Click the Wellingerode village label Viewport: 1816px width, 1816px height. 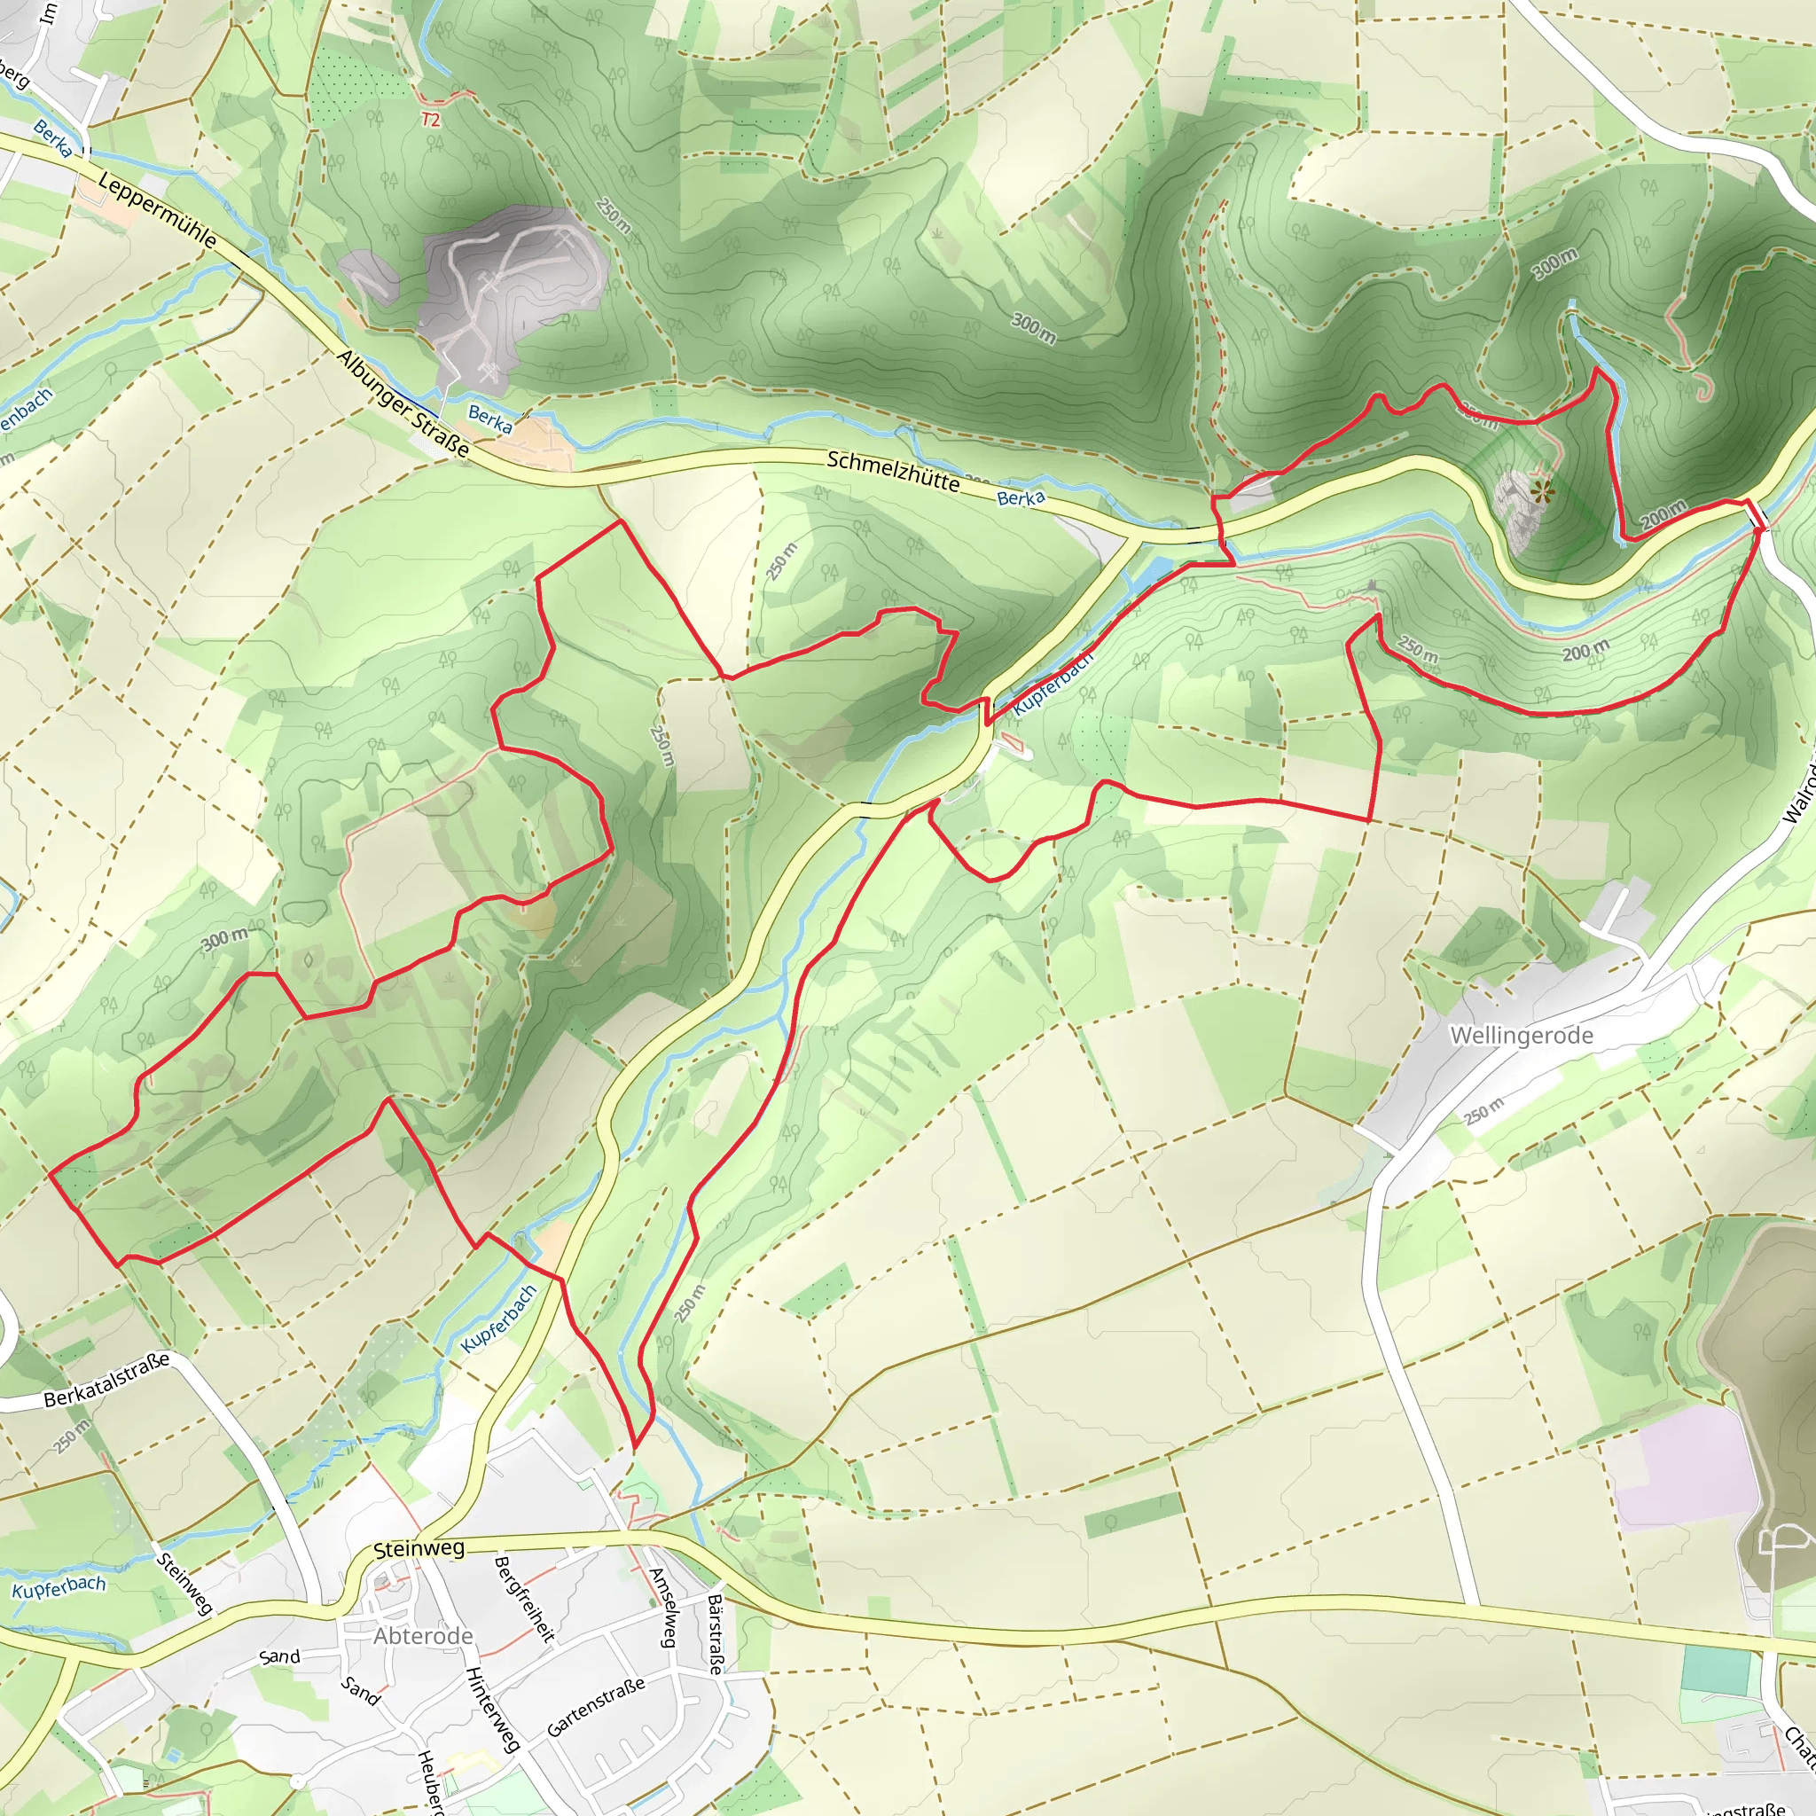(x=1521, y=1036)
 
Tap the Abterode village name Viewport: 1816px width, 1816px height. (x=423, y=1635)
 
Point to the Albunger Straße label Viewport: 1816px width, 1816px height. (x=403, y=403)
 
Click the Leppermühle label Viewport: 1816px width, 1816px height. (x=157, y=213)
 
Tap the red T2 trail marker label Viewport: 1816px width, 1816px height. (x=430, y=121)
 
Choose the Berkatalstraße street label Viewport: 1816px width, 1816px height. (x=106, y=1380)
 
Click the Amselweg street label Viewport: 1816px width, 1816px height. (x=663, y=1608)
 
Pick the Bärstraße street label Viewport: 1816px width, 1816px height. (x=716, y=1634)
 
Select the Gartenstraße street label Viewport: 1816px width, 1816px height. (x=596, y=1707)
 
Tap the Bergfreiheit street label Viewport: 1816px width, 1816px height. (x=523, y=1598)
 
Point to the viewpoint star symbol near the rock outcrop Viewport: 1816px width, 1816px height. (x=1541, y=490)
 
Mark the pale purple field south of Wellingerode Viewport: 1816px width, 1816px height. (x=1682, y=1467)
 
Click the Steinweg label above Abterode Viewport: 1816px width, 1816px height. (x=419, y=1549)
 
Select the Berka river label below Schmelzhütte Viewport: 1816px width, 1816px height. (x=1021, y=498)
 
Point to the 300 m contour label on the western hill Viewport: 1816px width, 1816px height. (x=225, y=937)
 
